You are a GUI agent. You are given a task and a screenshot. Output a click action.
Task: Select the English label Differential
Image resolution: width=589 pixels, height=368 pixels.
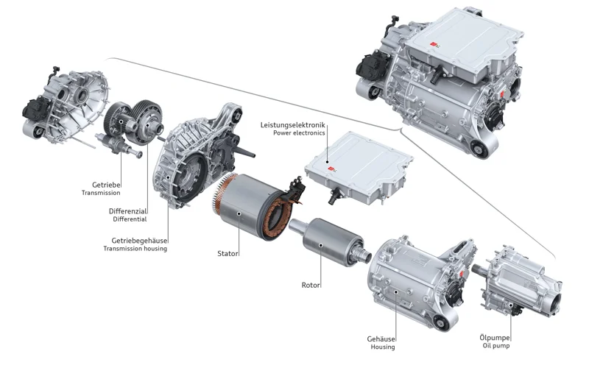point(130,219)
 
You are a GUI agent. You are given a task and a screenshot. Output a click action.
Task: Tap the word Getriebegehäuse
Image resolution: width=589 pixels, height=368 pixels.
point(139,240)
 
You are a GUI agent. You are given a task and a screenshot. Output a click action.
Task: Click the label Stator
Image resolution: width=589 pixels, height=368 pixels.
point(228,253)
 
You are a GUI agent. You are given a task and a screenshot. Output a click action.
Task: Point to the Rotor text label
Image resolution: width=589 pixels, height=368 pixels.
point(311,284)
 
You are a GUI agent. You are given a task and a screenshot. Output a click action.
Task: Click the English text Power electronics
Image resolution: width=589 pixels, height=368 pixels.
point(298,134)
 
